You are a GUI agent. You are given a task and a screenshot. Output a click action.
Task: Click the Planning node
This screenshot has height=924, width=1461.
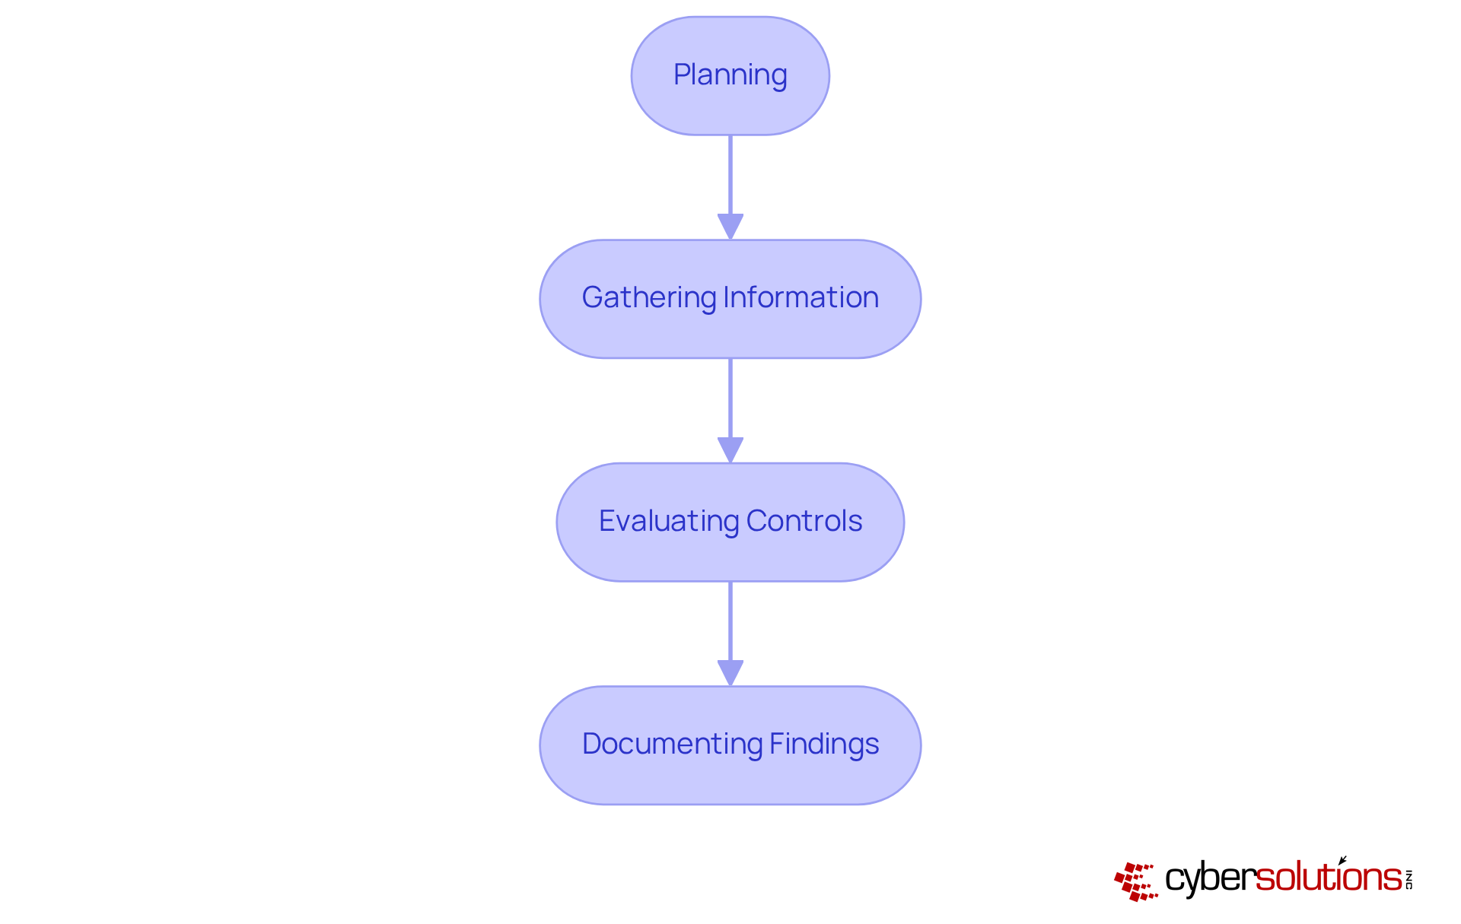point(730,76)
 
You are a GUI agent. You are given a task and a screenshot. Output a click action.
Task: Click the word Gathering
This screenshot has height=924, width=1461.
point(648,298)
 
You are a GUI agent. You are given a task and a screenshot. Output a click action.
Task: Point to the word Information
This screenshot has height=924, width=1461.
point(801,298)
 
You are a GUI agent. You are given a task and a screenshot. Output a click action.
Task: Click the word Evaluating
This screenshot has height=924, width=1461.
point(669,522)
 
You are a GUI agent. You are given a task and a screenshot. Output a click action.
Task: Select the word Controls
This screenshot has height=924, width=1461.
point(804,522)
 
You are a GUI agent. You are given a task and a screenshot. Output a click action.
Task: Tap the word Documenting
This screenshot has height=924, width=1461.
point(671,745)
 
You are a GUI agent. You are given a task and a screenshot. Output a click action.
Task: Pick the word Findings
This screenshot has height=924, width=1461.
point(823,745)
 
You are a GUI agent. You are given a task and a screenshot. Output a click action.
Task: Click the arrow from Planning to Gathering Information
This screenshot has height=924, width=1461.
point(730,175)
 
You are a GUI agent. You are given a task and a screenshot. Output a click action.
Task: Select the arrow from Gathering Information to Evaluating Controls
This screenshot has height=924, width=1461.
point(730,398)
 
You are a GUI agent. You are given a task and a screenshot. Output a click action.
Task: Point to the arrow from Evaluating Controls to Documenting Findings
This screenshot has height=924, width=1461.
point(730,621)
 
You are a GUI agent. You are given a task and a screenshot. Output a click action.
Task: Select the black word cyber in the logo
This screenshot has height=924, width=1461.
point(1209,879)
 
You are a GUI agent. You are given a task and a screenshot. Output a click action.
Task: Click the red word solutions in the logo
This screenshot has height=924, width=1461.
point(1328,878)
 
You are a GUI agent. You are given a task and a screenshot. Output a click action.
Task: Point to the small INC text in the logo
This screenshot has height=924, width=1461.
point(1408,879)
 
